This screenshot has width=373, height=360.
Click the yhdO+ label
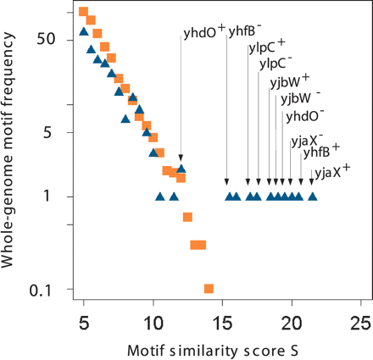pyautogui.click(x=203, y=35)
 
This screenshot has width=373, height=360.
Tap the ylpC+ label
pyautogui.click(x=266, y=47)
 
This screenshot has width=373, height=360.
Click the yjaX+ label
pyautogui.click(x=331, y=170)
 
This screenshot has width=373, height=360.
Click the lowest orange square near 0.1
pyautogui.click(x=209, y=289)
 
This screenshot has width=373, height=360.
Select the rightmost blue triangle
pyautogui.click(x=313, y=197)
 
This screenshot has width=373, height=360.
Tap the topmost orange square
pyautogui.click(x=83, y=12)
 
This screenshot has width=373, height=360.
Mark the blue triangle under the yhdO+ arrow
pyautogui.click(x=181, y=169)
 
